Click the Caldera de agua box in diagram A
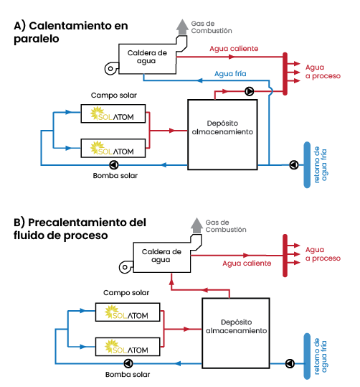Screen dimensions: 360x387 [x=147, y=59]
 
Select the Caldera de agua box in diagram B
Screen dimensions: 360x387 [x=162, y=258]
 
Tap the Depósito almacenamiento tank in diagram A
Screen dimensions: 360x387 [x=222, y=134]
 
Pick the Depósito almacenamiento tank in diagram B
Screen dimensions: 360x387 [x=236, y=333]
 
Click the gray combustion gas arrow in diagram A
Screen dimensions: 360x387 [x=182, y=27]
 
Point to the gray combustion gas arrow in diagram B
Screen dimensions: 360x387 [x=196, y=225]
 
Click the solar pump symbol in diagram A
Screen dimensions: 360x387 [x=114, y=165]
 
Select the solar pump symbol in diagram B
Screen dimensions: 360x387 [x=128, y=363]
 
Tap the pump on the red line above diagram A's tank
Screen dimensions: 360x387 [x=250, y=91]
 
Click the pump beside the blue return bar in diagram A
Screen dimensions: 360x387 [x=294, y=165]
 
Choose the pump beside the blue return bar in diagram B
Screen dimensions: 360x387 [x=290, y=363]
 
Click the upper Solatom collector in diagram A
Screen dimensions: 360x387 [x=113, y=113]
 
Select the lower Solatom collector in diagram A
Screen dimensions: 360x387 [x=113, y=148]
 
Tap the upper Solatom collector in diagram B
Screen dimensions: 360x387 [x=128, y=312]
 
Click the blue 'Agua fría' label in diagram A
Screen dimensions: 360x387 [x=230, y=73]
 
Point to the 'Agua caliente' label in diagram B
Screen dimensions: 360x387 [x=247, y=263]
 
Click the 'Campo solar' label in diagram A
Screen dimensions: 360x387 [x=114, y=95]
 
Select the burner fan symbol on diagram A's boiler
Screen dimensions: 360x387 [x=111, y=68]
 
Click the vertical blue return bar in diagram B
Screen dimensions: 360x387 [x=307, y=356]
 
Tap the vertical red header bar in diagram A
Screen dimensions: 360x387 [x=285, y=74]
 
